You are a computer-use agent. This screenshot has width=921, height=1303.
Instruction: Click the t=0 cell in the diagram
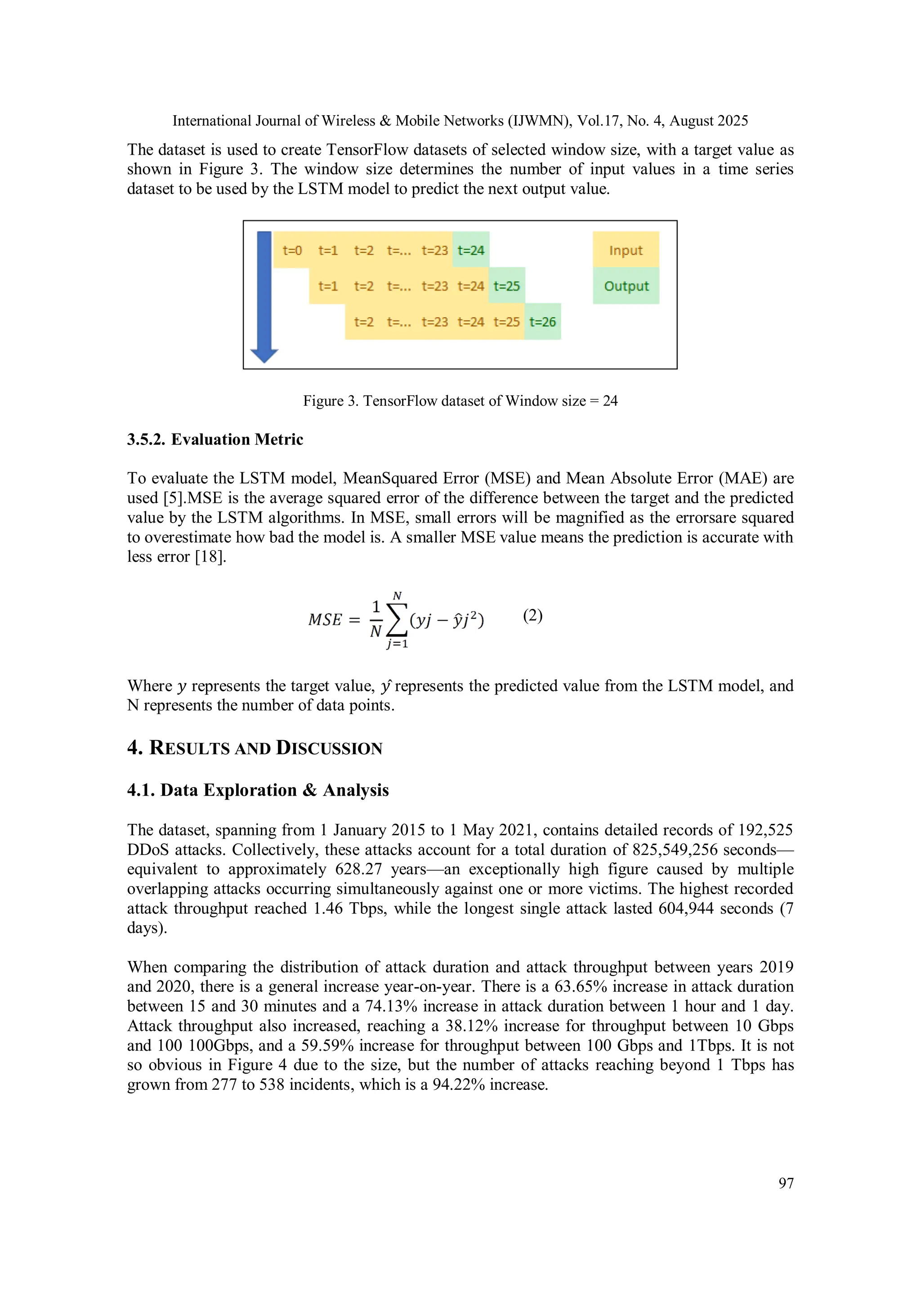(x=292, y=250)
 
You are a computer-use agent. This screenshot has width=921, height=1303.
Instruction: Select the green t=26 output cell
(x=542, y=322)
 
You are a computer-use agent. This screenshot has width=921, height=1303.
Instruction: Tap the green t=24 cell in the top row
(x=470, y=250)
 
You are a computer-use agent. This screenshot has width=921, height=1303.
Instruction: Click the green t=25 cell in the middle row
(x=506, y=286)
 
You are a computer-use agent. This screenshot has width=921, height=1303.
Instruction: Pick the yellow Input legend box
(x=626, y=250)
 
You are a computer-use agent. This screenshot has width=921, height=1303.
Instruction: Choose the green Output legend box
(x=626, y=286)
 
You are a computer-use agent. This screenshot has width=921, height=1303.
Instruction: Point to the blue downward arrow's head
(x=264, y=355)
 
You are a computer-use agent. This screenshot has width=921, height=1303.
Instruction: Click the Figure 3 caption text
(x=460, y=401)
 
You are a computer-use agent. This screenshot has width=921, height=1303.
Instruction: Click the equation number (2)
(x=532, y=615)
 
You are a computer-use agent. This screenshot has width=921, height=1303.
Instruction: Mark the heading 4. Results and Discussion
(x=255, y=748)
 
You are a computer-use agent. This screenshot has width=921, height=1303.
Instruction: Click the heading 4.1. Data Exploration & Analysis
(x=258, y=790)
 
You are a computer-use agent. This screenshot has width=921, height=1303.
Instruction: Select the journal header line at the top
(x=460, y=121)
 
